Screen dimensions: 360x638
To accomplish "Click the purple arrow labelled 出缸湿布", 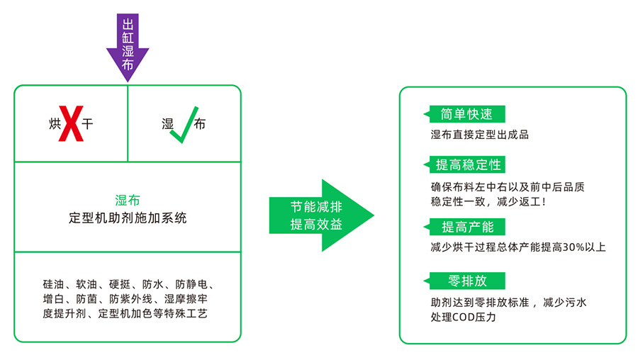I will click(128, 44).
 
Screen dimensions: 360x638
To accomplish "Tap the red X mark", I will click(70, 124).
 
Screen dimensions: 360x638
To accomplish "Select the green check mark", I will click(182, 125).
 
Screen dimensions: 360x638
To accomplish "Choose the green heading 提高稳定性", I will click(468, 165).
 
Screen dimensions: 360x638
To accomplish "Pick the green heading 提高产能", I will click(467, 227).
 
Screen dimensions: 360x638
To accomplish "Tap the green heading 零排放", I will click(467, 281).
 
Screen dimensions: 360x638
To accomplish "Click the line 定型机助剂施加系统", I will click(128, 218).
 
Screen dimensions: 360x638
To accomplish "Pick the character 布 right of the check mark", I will click(200, 125).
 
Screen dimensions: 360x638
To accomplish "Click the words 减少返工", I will click(517, 202).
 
